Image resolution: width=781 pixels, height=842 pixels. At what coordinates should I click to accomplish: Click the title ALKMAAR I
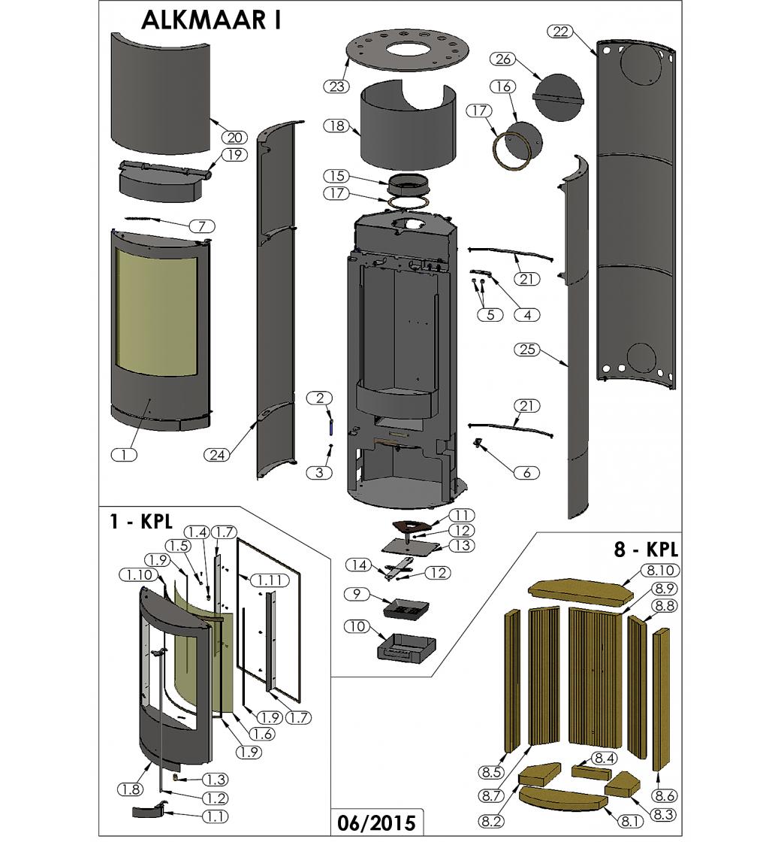tap(211, 20)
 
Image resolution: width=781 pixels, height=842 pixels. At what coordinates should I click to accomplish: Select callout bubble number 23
tap(336, 86)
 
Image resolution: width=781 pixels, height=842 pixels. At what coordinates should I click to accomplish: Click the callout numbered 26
tap(504, 59)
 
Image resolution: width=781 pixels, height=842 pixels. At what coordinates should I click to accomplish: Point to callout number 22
tap(560, 32)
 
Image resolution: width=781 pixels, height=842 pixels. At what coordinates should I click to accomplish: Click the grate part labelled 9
tap(406, 606)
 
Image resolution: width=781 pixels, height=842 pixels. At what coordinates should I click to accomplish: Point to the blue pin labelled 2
tap(330, 426)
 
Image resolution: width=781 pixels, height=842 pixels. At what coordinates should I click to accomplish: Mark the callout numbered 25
tap(526, 350)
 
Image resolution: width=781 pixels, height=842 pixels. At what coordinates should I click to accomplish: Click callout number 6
tap(526, 473)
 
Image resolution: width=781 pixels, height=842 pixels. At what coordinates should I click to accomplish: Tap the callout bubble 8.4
tap(604, 759)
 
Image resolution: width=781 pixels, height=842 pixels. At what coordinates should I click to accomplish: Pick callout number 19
tap(234, 155)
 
